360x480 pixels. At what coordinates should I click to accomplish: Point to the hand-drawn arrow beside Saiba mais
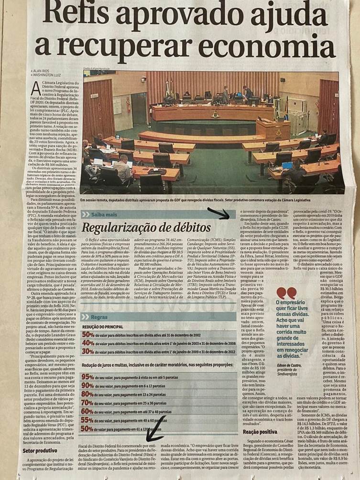[x=218, y=213]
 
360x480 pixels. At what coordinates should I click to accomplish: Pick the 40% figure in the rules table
[x=87, y=343]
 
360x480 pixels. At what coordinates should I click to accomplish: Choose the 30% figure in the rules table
[x=87, y=351]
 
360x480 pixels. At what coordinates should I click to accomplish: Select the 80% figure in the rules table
[x=87, y=394]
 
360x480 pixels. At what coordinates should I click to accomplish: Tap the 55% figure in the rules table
[x=87, y=420]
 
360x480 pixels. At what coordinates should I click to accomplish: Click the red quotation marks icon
[x=286, y=293]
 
